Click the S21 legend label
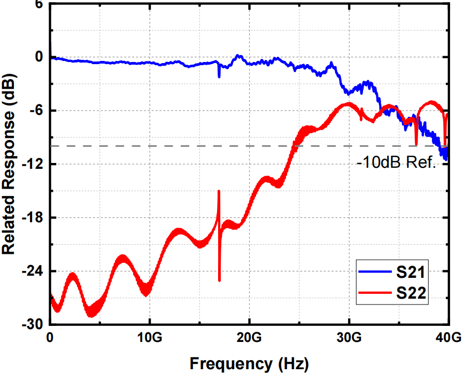pos(411,273)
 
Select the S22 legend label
pos(411,292)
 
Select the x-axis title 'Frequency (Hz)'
pos(249,364)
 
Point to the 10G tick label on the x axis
pos(150,338)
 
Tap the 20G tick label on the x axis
pos(249,338)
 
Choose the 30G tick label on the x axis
pos(349,338)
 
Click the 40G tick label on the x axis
pos(448,338)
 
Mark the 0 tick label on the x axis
pos(50,338)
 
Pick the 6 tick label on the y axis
pos(39,4)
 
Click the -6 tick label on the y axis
pos(35,111)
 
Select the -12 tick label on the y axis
pos(32,164)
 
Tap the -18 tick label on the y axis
pos(32,217)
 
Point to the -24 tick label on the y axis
pos(32,271)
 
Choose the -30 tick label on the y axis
pos(32,324)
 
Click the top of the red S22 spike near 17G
pos(219,191)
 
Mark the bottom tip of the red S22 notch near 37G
pos(416,144)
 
